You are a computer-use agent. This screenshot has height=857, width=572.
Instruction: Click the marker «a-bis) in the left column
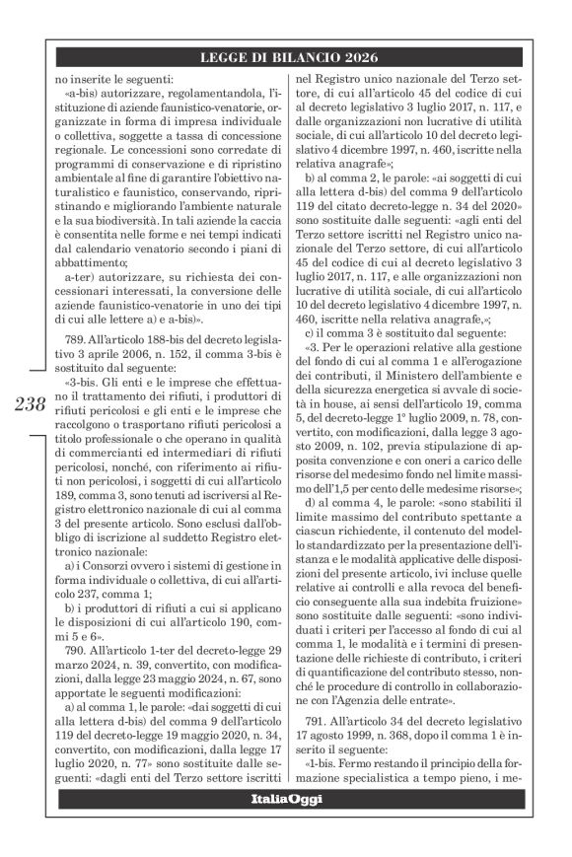pos(81,92)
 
